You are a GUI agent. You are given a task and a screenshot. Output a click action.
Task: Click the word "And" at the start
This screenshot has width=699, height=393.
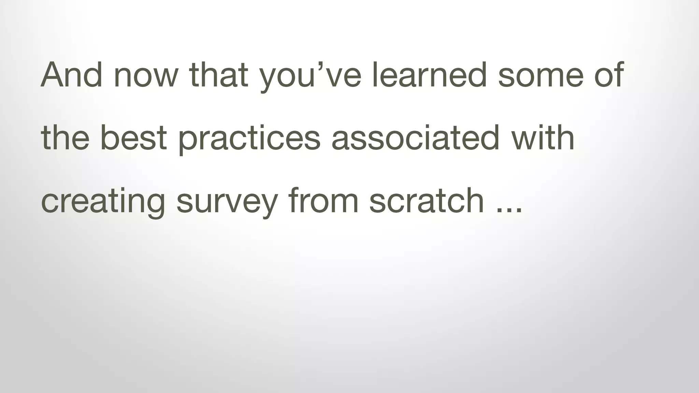pyautogui.click(x=71, y=75)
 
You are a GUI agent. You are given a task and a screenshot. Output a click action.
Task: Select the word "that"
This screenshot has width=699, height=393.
pyautogui.click(x=219, y=75)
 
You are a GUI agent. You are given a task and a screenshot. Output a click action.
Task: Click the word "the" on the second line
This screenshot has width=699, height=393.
pyautogui.click(x=65, y=138)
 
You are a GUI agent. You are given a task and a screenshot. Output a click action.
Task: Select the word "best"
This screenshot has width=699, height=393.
pyautogui.click(x=134, y=138)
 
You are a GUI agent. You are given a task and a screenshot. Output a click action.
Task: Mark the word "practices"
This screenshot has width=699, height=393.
pyautogui.click(x=249, y=140)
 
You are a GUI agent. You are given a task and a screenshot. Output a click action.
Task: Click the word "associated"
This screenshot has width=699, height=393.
pyautogui.click(x=415, y=138)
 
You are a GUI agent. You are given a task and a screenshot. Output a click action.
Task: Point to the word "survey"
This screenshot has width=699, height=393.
pyautogui.click(x=227, y=203)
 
